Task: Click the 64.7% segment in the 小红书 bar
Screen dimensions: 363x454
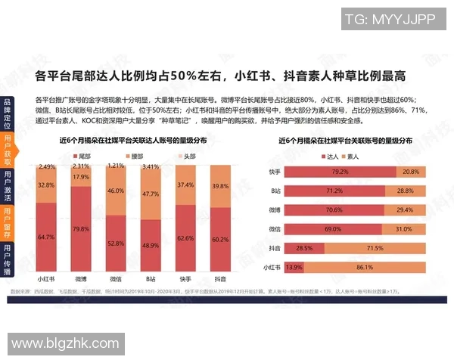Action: coord(46,237)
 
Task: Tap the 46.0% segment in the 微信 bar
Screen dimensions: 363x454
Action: coord(116,191)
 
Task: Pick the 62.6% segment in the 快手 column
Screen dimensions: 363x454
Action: coord(185,238)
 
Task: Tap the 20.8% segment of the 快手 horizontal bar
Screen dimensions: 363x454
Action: coord(411,172)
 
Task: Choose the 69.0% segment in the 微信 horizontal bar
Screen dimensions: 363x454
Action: coord(332,228)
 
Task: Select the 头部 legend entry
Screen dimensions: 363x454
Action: coord(184,154)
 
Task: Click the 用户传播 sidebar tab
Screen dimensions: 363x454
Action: coord(7,259)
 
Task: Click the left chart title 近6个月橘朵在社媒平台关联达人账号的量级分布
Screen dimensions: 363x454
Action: coord(132,141)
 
